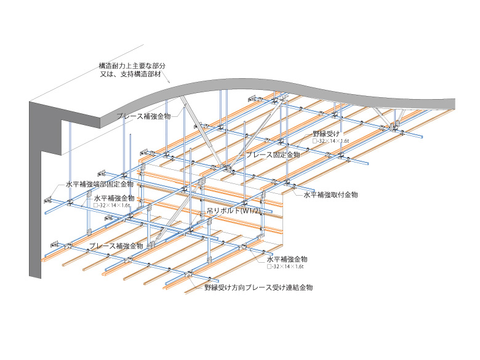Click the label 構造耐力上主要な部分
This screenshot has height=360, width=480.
click(132, 65)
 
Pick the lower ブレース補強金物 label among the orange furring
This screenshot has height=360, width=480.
click(116, 246)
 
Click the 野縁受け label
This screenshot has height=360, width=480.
click(326, 133)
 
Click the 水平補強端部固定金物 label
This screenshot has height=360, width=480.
click(99, 184)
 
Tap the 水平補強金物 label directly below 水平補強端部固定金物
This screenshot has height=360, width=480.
click(114, 198)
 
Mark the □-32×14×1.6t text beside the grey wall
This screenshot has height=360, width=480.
click(113, 206)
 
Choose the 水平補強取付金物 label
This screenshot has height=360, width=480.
click(330, 194)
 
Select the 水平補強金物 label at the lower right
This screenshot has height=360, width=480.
click(287, 259)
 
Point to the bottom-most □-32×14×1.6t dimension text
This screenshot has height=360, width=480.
click(287, 267)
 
